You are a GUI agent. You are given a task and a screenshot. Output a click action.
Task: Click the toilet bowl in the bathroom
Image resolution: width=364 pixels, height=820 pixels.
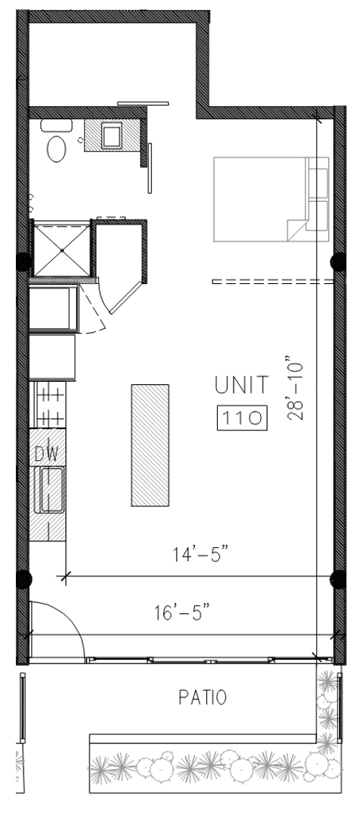[x=56, y=149]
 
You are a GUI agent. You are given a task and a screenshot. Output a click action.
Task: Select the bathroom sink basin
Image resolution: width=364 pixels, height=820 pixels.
[x=112, y=136]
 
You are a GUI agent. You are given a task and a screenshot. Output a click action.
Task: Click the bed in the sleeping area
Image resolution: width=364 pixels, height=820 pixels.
[x=271, y=199]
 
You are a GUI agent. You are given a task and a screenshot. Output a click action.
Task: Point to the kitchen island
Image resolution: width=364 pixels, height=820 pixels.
[x=150, y=445]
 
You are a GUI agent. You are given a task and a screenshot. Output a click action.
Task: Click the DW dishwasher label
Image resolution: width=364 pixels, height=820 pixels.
[x=46, y=453]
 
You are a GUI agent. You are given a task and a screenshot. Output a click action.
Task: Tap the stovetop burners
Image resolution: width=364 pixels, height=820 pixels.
[x=50, y=404]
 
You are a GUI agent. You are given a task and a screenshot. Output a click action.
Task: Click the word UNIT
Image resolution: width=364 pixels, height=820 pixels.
[x=242, y=386]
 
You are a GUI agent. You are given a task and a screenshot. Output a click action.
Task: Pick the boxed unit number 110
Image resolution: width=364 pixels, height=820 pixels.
[x=242, y=418]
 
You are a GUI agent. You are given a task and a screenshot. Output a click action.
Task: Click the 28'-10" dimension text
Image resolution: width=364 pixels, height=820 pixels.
[x=295, y=388]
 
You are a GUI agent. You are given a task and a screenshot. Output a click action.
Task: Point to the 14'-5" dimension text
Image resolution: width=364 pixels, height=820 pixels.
[x=201, y=553]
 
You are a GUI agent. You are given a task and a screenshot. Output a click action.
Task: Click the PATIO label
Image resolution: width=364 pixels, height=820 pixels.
[x=202, y=697]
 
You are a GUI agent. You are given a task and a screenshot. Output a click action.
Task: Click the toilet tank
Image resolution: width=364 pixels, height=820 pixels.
[x=56, y=125]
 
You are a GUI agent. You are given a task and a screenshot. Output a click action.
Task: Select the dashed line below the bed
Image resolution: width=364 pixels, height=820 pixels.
[x=272, y=282]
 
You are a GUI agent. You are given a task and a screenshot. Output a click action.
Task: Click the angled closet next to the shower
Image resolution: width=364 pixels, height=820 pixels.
[x=121, y=265]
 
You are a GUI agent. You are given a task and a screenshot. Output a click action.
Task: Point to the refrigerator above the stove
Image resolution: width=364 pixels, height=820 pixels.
[x=53, y=307]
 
